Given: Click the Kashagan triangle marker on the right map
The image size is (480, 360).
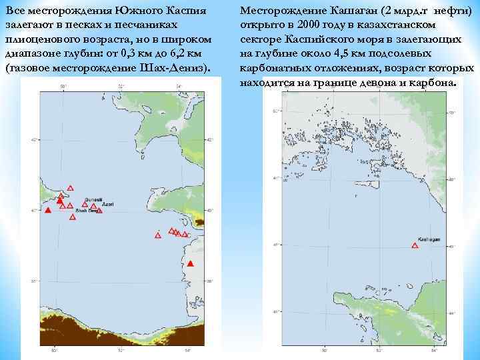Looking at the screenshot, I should pyautogui.click(x=415, y=246).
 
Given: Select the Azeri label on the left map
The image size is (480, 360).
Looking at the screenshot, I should pyautogui.click(x=107, y=205).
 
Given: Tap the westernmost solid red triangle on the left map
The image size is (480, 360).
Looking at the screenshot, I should pyautogui.click(x=47, y=211).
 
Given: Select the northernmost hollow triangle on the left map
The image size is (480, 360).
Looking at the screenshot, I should pyautogui.click(x=71, y=188).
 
